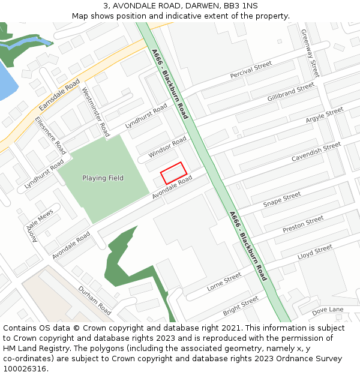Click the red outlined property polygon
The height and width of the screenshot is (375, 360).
tap(174, 173)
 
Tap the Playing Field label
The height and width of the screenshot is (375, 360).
tap(103, 178)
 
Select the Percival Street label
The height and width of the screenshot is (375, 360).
tap(251, 70)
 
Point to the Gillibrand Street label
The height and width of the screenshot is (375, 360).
tap(290, 92)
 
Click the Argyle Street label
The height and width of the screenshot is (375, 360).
tap(324, 115)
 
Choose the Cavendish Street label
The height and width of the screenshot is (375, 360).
tap(316, 152)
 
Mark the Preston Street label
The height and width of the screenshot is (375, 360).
tap(302, 225)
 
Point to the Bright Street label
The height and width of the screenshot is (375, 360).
tap(241, 305)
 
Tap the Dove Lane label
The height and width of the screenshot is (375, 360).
tap(328, 310)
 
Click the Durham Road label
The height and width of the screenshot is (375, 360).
tap(95, 300)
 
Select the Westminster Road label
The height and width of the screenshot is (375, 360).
tap(96, 112)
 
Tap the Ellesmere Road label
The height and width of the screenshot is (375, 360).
tap(50, 136)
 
